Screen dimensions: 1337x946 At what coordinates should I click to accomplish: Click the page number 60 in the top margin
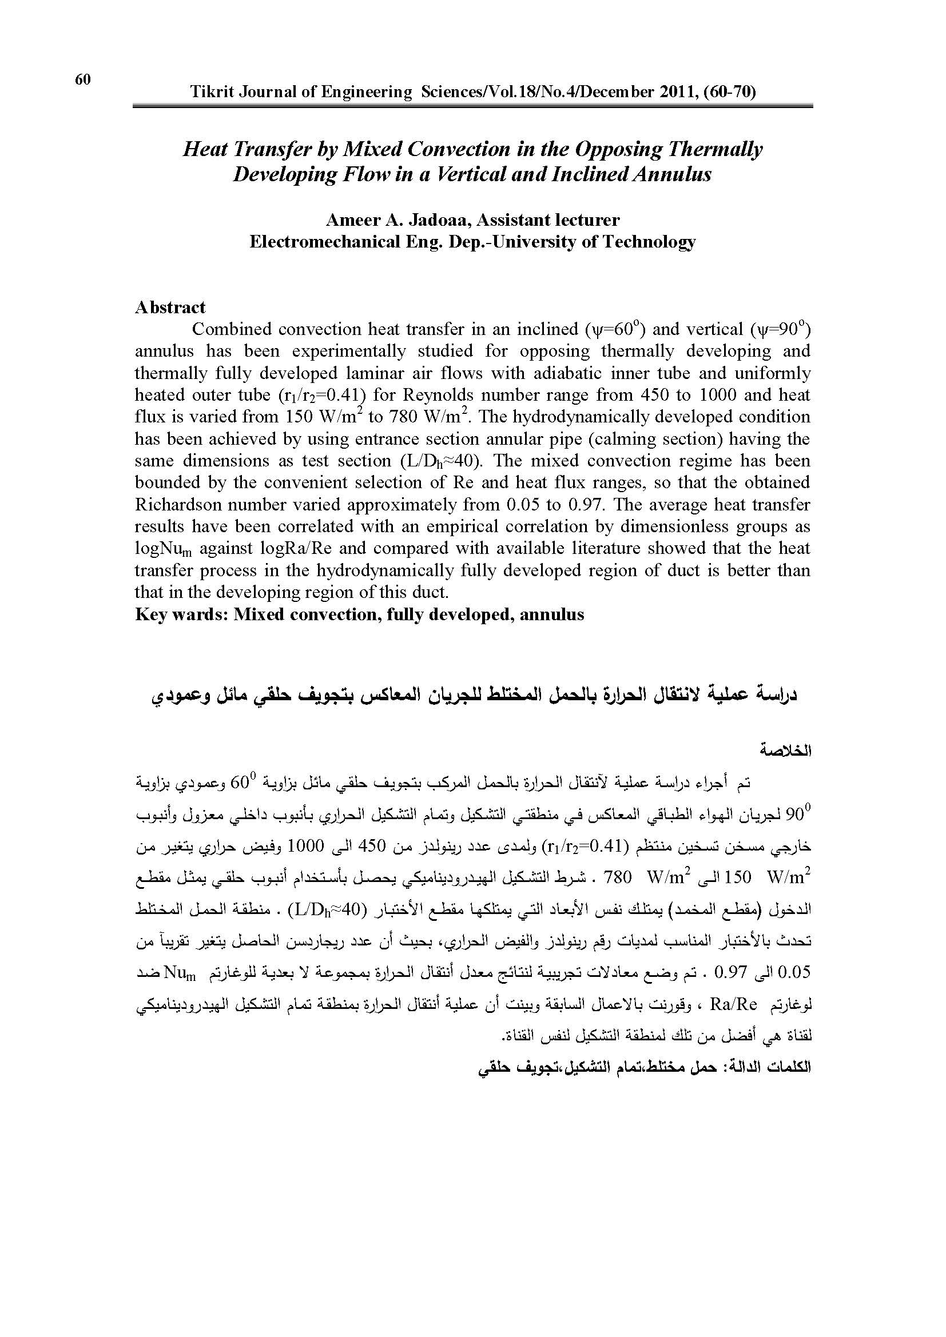point(83,80)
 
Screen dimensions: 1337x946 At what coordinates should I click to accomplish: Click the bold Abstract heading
point(170,307)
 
